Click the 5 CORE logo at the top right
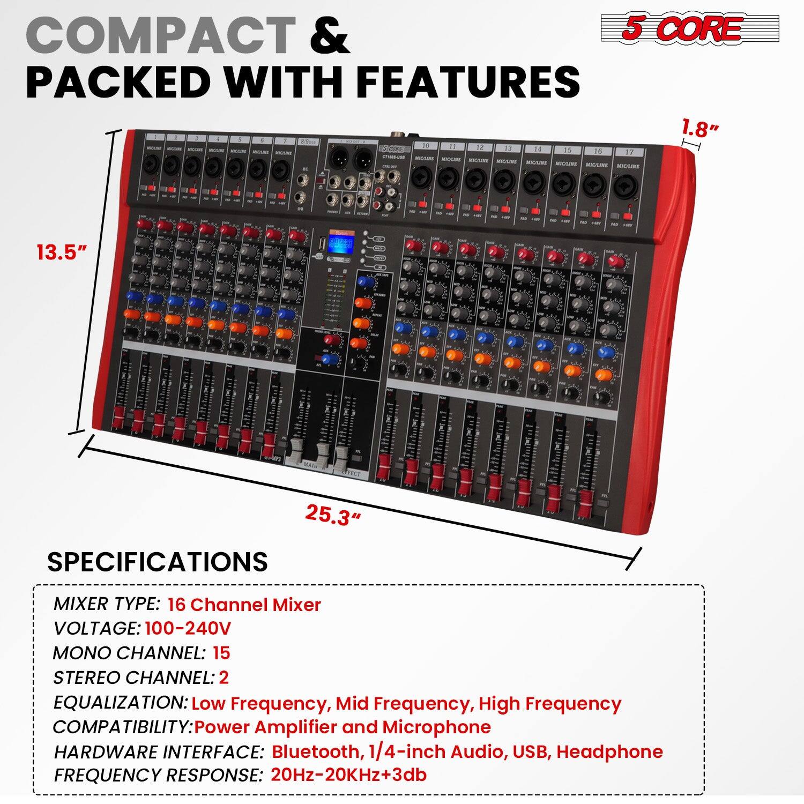(x=689, y=28)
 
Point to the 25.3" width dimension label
(x=333, y=515)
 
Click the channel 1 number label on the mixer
(x=154, y=137)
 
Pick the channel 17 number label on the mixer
(x=629, y=152)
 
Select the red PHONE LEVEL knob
(x=336, y=340)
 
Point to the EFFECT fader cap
(x=341, y=455)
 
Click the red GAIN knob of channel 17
(x=617, y=262)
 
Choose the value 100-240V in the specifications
(x=188, y=628)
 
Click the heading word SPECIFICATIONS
(x=158, y=562)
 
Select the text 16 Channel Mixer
(x=244, y=605)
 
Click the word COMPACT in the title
(x=161, y=35)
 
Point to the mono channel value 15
(x=221, y=653)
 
